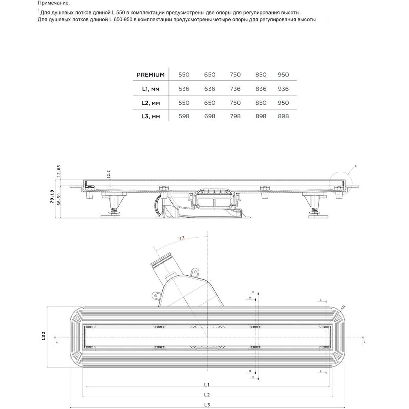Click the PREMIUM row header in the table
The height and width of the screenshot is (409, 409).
pos(151,75)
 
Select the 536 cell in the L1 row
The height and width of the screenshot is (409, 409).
pos(184,89)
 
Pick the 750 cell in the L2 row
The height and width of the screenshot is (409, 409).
pos(235,103)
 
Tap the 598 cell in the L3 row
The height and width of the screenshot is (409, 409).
pos(184,116)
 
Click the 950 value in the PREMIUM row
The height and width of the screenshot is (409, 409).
pos(283,75)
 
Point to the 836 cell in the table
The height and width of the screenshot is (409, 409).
pos(261,89)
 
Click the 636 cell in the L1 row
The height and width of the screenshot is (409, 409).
pos(209,89)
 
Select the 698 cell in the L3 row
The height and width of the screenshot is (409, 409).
pos(209,116)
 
